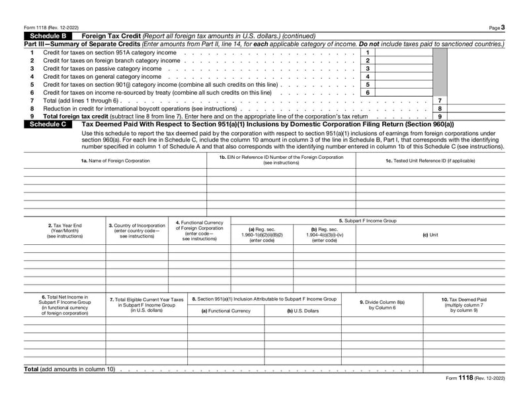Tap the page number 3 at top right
(503, 28)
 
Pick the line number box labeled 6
(367, 93)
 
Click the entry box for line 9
(476, 116)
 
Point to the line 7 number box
(440, 100)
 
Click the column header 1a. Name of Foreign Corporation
(115, 161)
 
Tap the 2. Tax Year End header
(65, 230)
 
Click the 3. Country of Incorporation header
(137, 230)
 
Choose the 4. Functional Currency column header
(199, 230)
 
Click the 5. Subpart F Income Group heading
(368, 220)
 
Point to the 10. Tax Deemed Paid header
(464, 304)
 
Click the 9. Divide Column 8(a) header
(382, 304)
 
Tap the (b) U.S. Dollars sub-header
(303, 310)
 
